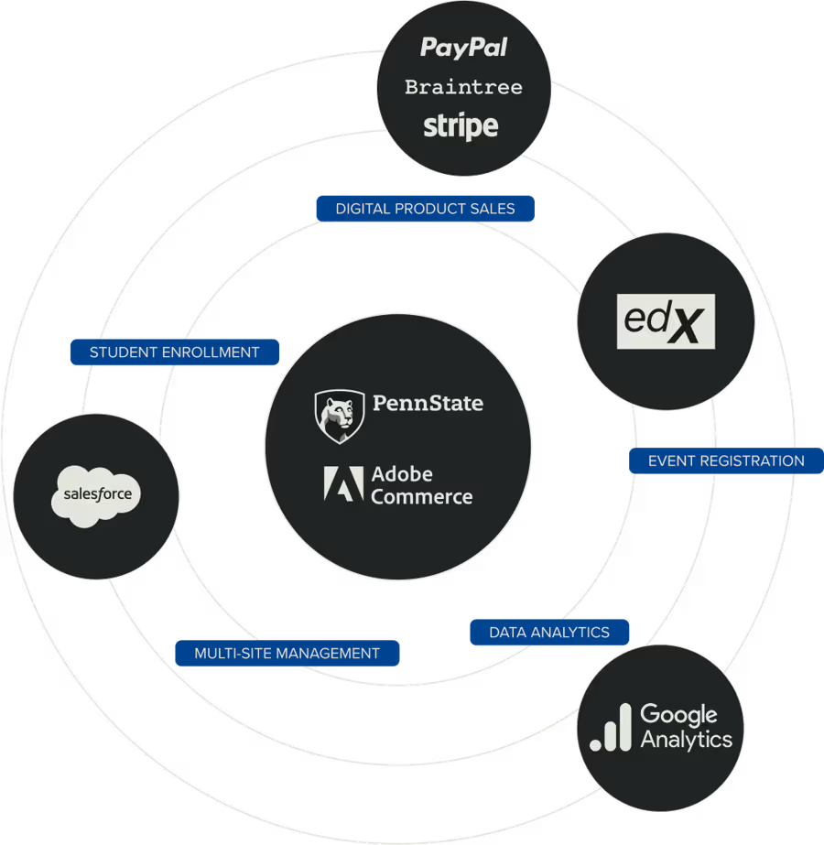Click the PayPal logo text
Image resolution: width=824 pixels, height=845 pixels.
pyautogui.click(x=463, y=48)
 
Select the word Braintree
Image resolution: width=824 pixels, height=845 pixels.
pyautogui.click(x=463, y=88)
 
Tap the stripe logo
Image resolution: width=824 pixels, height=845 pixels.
pyautogui.click(x=461, y=126)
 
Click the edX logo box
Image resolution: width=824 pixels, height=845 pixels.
pyautogui.click(x=666, y=321)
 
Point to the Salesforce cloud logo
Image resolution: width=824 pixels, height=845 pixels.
pyautogui.click(x=97, y=495)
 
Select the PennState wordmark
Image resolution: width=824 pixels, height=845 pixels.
pyautogui.click(x=428, y=403)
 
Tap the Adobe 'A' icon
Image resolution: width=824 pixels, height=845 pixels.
pyautogui.click(x=343, y=484)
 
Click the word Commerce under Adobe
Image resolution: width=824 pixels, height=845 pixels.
pyautogui.click(x=422, y=497)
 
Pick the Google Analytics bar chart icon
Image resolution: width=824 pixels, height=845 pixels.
pyautogui.click(x=611, y=729)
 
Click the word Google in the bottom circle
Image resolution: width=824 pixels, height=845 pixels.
pyautogui.click(x=678, y=714)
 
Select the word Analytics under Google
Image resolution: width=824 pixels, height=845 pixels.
pyautogui.click(x=687, y=740)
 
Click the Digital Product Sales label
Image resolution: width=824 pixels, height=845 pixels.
pyautogui.click(x=425, y=209)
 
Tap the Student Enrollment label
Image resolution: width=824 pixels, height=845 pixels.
pyautogui.click(x=174, y=352)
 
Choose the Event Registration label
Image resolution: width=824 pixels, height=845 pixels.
pyautogui.click(x=725, y=460)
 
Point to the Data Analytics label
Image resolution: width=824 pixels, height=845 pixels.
pyautogui.click(x=549, y=633)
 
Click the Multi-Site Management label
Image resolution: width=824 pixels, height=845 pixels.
pyautogui.click(x=287, y=654)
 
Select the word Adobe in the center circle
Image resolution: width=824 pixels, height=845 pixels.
pyautogui.click(x=402, y=474)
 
